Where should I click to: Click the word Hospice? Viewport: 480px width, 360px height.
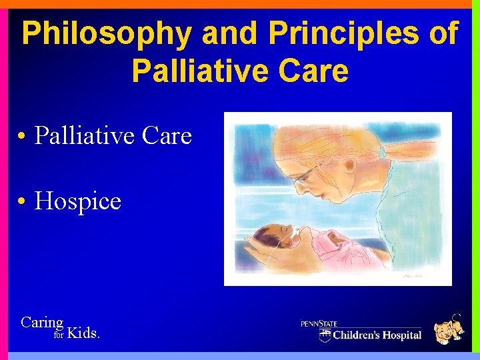click(x=77, y=201)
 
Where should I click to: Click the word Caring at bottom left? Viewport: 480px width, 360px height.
click(x=42, y=323)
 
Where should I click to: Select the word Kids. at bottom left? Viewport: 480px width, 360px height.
click(x=84, y=333)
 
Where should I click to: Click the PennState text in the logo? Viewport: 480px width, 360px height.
click(x=319, y=323)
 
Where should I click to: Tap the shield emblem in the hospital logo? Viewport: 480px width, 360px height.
click(x=325, y=334)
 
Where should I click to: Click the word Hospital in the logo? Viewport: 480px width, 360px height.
click(x=399, y=335)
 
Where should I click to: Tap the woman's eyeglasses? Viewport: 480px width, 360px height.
click(x=303, y=176)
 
